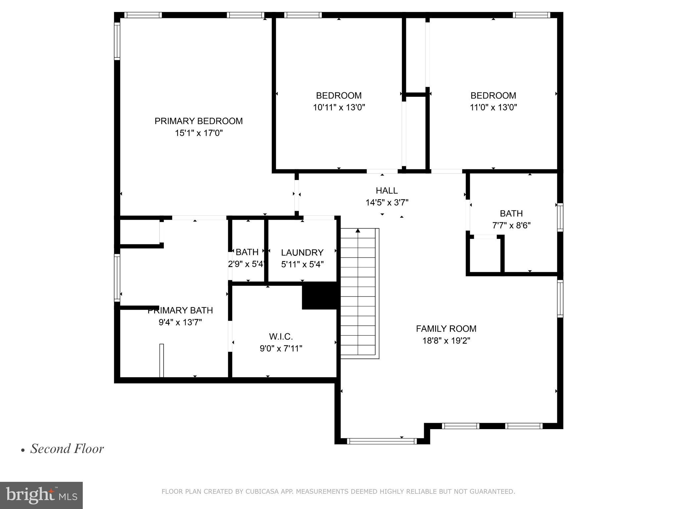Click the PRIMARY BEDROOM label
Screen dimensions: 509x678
tap(199, 121)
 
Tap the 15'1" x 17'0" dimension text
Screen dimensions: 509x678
tap(199, 133)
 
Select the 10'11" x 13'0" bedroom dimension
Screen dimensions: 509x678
tap(339, 107)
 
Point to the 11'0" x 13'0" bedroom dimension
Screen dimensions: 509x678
tap(493, 107)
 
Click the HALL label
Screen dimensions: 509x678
tap(387, 191)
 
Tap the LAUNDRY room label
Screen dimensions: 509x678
tap(302, 253)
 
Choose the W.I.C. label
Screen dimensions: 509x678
tap(281, 337)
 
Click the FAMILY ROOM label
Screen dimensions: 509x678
tap(446, 329)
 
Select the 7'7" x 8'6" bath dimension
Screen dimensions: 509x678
tap(511, 226)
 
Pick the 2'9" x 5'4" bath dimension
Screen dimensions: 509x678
tap(247, 264)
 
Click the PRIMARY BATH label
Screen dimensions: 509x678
tap(180, 311)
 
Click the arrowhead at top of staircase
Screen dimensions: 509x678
tap(358, 230)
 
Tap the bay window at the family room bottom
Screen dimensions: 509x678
tap(382, 441)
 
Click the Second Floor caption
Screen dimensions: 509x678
tap(67, 449)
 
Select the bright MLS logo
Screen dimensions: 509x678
tap(41, 495)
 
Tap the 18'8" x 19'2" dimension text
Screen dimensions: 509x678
tap(446, 341)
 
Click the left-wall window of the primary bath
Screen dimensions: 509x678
tap(117, 278)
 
